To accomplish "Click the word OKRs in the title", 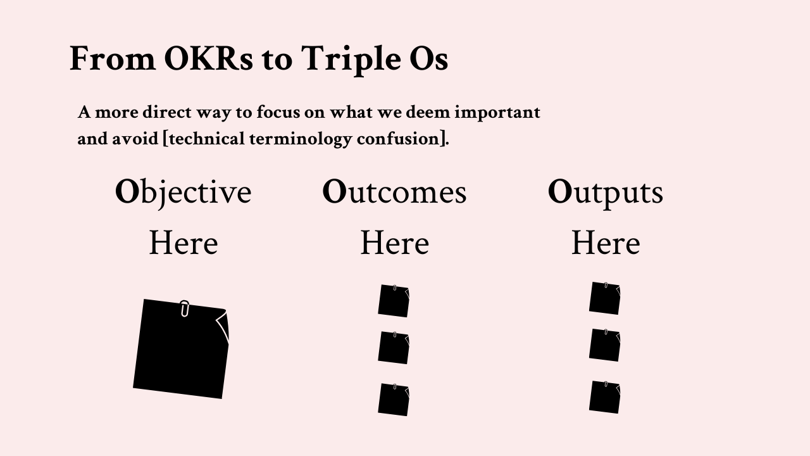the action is pos(209,58).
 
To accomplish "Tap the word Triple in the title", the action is pos(351,60).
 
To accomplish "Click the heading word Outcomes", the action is pos(394,192).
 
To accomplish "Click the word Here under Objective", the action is pos(184,243).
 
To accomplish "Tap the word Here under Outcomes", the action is pos(395,243).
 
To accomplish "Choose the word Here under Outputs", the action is pos(606,243).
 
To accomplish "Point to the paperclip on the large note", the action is pos(184,308).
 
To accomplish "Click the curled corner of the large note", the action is pos(223,326).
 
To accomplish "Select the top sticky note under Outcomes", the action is pos(394,301).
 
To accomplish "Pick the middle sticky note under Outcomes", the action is pos(394,348).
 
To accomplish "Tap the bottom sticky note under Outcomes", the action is pos(394,400).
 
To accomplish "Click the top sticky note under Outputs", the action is pos(604,298).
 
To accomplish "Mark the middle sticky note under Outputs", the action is pos(604,345).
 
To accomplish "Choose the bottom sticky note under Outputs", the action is pos(604,397).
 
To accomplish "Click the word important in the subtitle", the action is pos(497,113).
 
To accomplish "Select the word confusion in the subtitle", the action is pos(398,139).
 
